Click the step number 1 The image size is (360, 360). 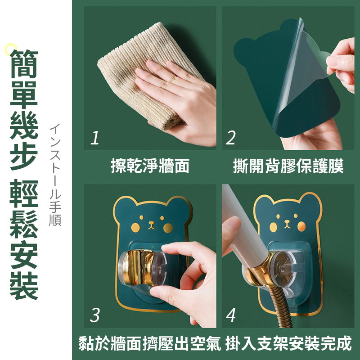94,138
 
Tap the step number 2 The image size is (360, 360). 231,138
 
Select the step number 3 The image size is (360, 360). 94,315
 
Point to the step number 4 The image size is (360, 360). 231,315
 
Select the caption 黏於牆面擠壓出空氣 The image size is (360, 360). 150,344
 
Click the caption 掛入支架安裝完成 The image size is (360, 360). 288,344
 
